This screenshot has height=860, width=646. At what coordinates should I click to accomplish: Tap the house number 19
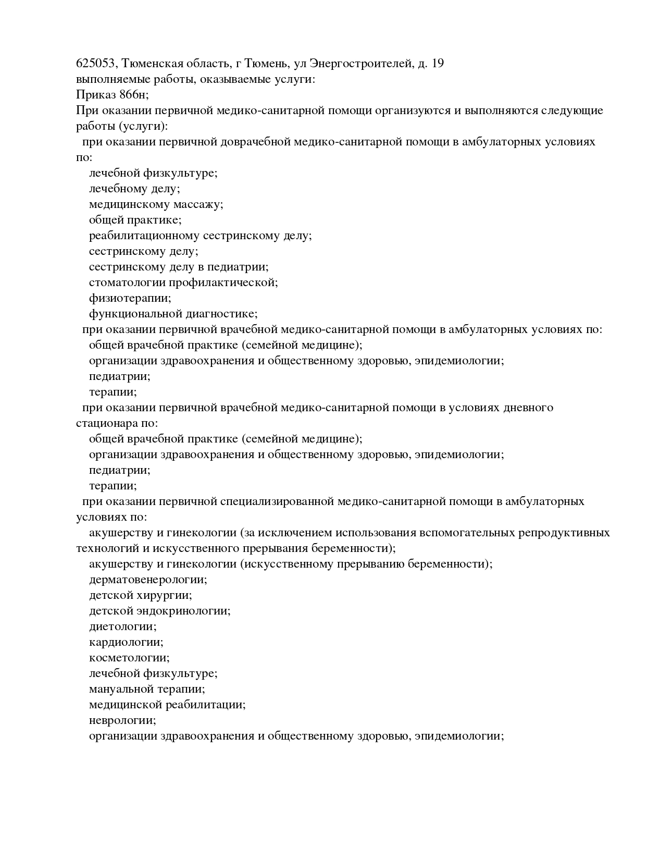(x=438, y=64)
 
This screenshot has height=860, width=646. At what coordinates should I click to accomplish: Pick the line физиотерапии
(x=130, y=299)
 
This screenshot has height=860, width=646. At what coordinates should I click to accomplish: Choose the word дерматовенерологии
(x=148, y=580)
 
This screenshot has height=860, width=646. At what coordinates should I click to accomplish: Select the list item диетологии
(x=122, y=626)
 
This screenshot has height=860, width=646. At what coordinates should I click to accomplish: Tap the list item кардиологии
(x=126, y=642)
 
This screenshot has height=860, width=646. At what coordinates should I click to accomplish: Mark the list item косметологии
(x=129, y=658)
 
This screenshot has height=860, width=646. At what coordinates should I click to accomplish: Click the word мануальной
(x=121, y=689)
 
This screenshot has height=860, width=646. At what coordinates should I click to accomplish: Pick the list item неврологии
(x=122, y=720)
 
